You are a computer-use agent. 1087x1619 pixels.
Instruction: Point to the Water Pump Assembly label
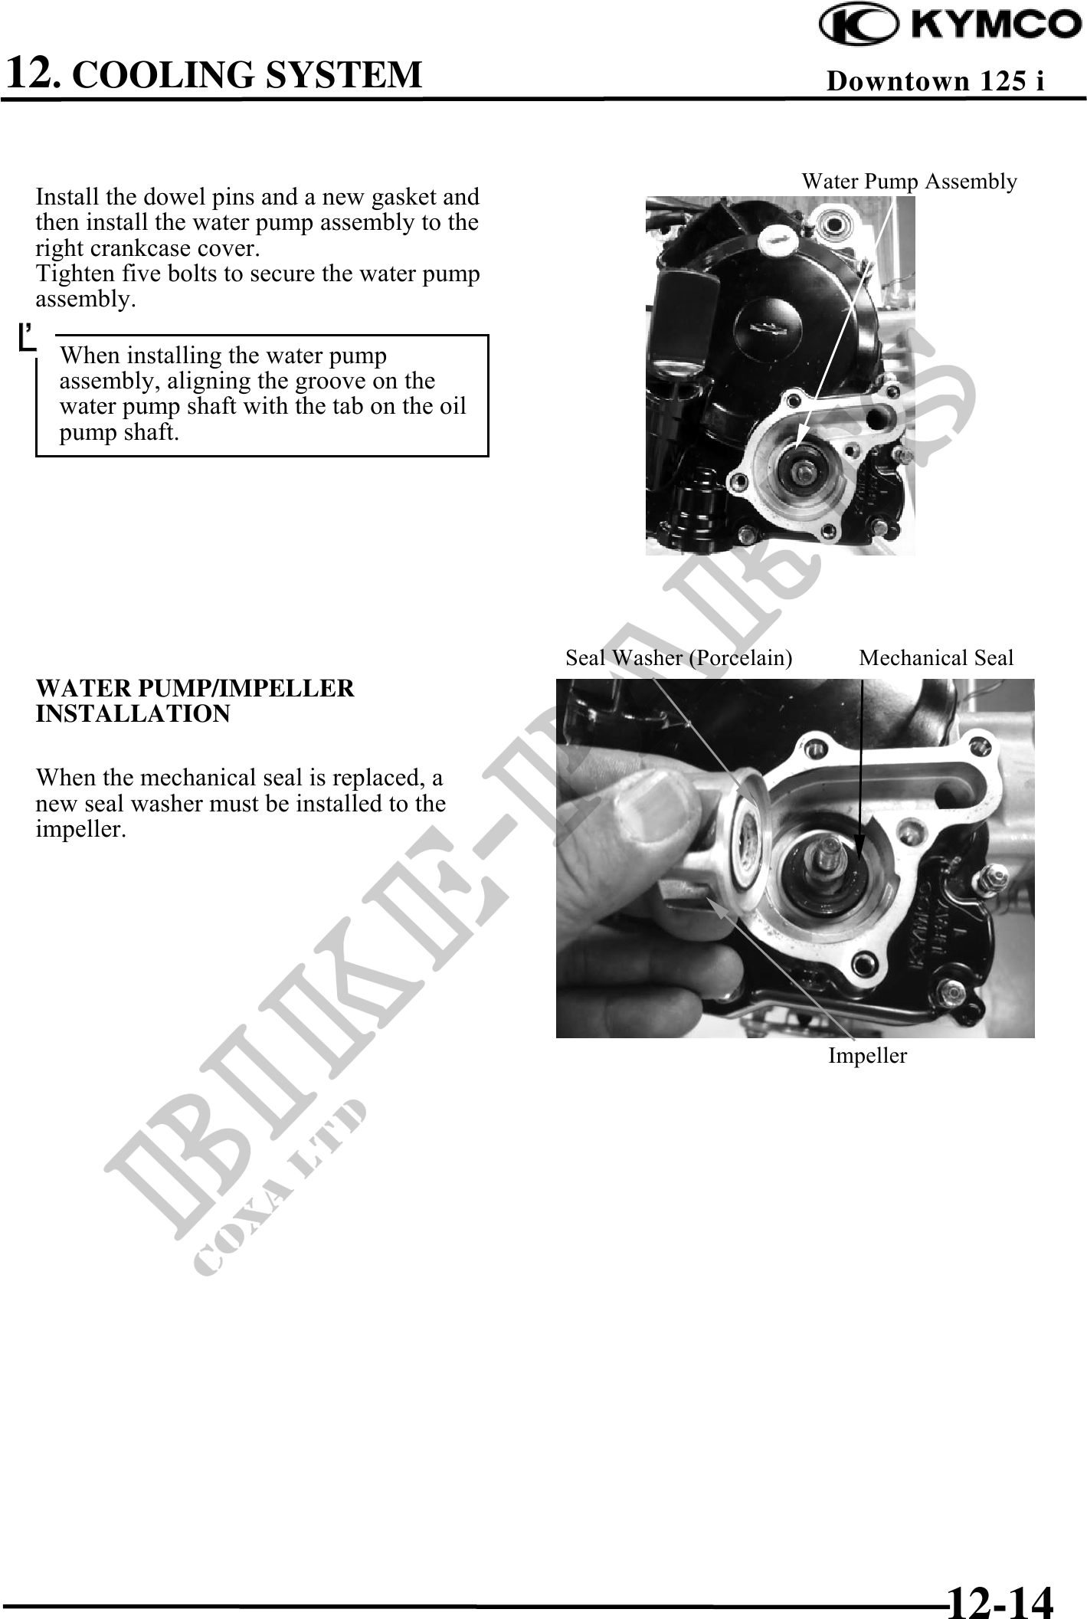tap(909, 182)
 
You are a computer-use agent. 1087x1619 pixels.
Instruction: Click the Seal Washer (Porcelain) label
tap(679, 657)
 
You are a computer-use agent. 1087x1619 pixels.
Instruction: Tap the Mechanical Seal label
tap(936, 657)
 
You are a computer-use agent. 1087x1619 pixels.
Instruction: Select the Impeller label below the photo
tap(867, 1055)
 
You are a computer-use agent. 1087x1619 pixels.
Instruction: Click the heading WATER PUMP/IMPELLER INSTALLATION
tap(195, 701)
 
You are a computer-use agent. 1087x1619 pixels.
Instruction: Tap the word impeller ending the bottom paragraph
tap(80, 829)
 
